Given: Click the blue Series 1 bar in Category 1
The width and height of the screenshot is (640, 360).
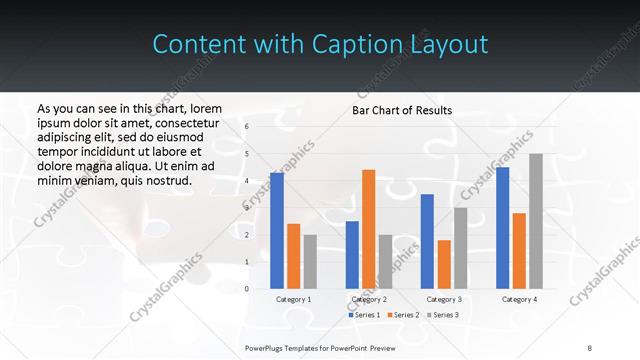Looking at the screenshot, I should (x=276, y=231).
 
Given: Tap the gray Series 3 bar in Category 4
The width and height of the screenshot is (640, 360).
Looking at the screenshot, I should (x=535, y=221).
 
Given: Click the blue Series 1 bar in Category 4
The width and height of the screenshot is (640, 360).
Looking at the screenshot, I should (x=502, y=228).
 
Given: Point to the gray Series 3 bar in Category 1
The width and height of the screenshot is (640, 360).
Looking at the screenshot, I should (x=310, y=262).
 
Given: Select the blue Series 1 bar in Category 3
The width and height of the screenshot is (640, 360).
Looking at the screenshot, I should (x=427, y=241).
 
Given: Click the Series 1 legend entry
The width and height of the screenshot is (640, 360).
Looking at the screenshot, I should (x=364, y=315).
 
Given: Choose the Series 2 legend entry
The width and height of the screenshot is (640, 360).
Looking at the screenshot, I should (x=405, y=315).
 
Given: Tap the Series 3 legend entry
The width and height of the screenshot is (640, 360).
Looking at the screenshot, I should (x=445, y=315).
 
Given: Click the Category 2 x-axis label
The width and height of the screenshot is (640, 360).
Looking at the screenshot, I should (x=369, y=299).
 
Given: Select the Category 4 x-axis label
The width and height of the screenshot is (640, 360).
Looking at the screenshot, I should (x=519, y=299).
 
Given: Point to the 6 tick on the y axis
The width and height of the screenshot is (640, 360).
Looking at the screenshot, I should (x=246, y=127).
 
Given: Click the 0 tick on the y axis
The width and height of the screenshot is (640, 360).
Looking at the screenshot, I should (x=246, y=289).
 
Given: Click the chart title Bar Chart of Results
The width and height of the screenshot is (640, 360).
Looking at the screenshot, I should (x=402, y=110).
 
